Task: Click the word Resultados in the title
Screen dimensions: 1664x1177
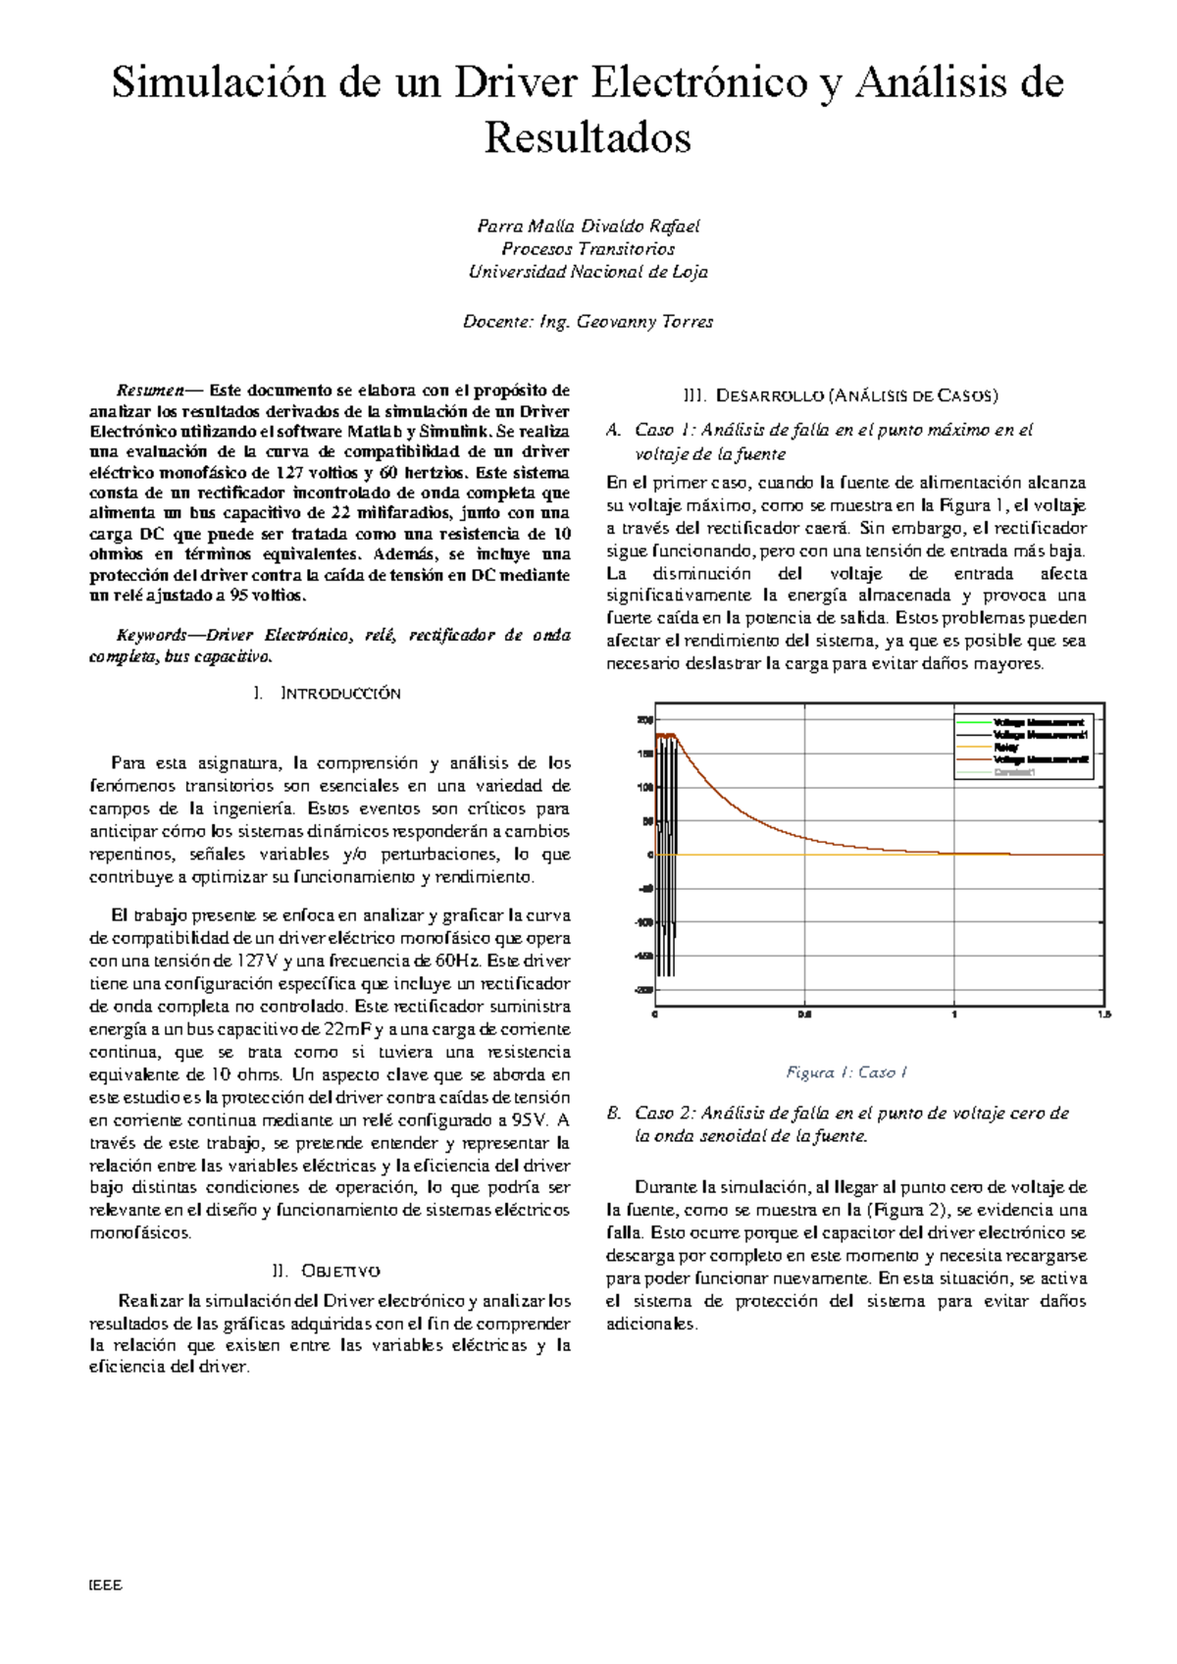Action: click(588, 137)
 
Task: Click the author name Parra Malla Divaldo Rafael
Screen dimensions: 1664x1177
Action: click(588, 226)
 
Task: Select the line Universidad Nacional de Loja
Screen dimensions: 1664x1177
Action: click(588, 272)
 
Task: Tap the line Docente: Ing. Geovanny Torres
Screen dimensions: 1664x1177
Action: click(588, 321)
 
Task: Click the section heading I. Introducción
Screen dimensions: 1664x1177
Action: click(327, 693)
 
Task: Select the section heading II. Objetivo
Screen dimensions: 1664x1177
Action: click(327, 1271)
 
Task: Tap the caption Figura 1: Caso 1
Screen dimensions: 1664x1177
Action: click(846, 1072)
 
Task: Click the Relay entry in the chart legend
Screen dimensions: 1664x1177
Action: click(1006, 747)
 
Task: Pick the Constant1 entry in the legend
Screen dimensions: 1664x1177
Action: click(1014, 772)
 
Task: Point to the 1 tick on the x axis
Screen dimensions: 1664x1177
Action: click(954, 1014)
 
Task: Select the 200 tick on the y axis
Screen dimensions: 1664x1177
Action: click(644, 720)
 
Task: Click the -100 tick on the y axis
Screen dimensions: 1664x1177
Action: click(642, 922)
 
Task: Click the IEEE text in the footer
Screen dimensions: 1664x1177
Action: click(104, 1585)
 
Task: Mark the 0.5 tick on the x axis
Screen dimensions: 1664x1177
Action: click(804, 1014)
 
